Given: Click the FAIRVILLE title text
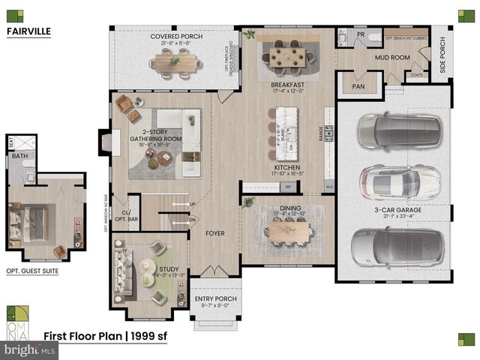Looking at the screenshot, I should click(x=28, y=32).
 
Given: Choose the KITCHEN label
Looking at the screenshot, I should click(x=287, y=167).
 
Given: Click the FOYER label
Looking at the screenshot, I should click(x=215, y=233).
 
